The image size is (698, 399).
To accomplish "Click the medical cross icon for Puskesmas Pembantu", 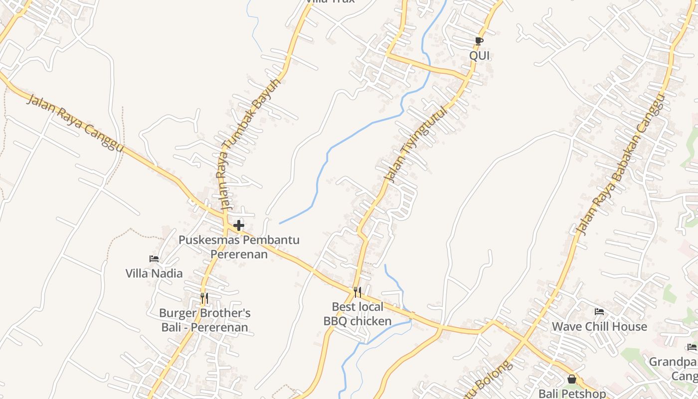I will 239,225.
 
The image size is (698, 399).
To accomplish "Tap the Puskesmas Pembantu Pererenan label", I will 239,247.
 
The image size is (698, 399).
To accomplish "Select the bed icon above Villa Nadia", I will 154,258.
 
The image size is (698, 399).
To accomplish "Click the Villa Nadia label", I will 154,273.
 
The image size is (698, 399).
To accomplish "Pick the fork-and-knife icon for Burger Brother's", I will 204,298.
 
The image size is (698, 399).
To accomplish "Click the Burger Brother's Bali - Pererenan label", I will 204,320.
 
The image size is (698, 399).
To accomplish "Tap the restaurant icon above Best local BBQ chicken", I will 357,292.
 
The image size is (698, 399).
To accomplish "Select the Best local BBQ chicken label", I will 357,314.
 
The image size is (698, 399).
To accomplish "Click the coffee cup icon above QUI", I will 479,41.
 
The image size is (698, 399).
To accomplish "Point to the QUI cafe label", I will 479,55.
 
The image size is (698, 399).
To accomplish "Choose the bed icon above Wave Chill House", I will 599,312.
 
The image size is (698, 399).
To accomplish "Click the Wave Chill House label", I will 599,327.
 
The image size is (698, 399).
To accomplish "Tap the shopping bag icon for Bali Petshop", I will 572,380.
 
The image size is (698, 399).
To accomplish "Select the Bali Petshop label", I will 572,394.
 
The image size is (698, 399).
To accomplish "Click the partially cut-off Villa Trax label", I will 330,1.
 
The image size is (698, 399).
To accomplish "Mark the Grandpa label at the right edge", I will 673,362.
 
